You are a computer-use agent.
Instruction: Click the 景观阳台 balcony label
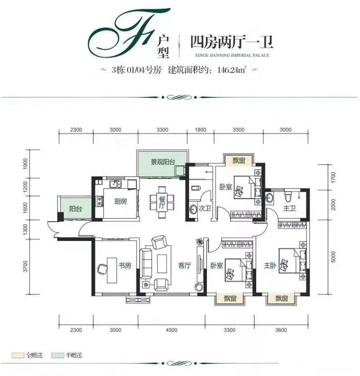tap(162, 161)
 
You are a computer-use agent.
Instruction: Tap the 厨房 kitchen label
tap(120, 201)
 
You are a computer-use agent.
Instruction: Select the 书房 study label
tap(125, 265)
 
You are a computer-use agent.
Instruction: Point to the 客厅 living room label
tap(184, 265)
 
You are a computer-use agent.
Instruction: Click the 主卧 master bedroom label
tap(270, 265)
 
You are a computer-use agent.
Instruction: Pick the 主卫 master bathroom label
tap(289, 208)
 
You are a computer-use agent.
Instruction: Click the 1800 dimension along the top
tap(201, 130)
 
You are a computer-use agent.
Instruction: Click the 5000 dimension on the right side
tap(333, 258)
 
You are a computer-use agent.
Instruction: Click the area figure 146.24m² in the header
tap(232, 70)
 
